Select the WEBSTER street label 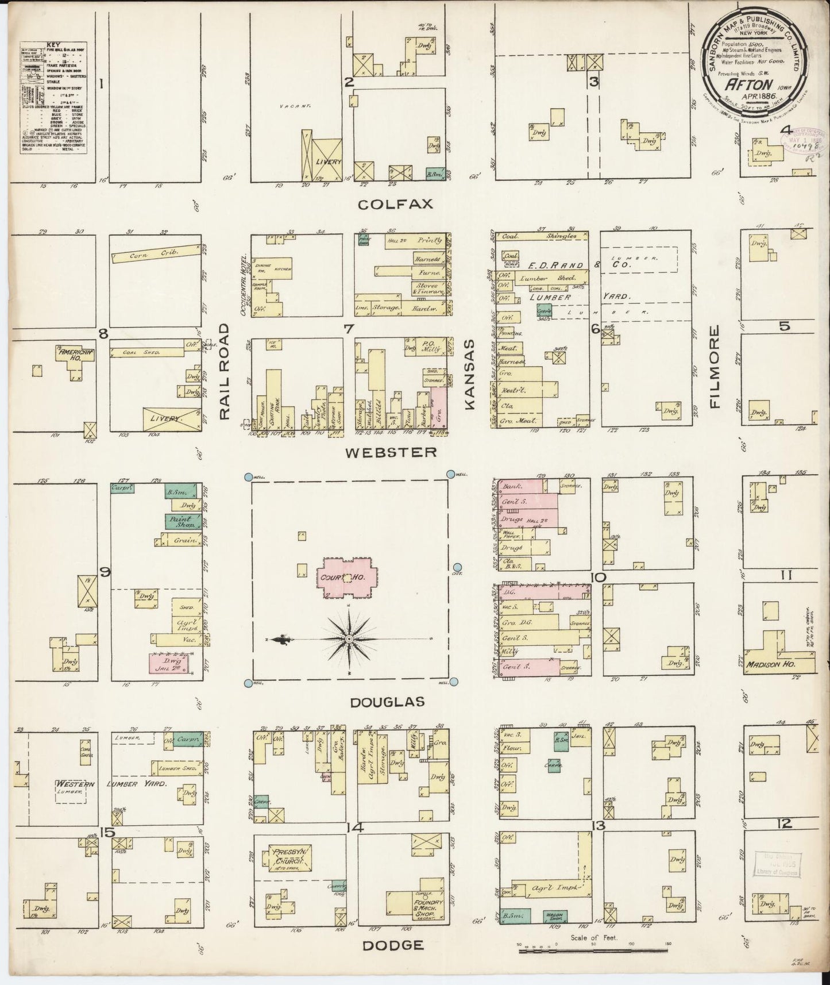coord(391,452)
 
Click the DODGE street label coord(393,945)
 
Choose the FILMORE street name coord(715,367)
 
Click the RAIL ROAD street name coord(223,371)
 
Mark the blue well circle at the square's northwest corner coord(248,476)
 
